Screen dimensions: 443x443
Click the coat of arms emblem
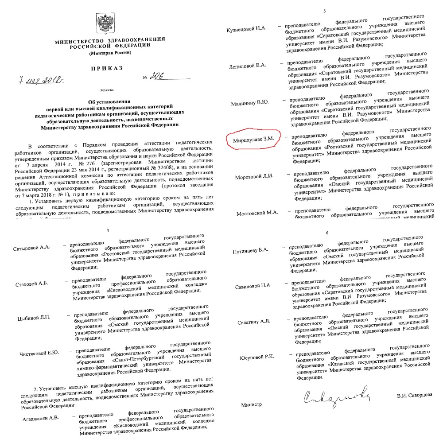(105, 23)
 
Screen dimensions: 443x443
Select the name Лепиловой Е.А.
(248, 66)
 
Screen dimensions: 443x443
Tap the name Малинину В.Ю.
(250, 103)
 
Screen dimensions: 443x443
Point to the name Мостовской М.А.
(257, 213)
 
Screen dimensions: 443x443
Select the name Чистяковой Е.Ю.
(40, 353)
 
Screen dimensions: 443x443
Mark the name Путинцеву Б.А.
(251, 251)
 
